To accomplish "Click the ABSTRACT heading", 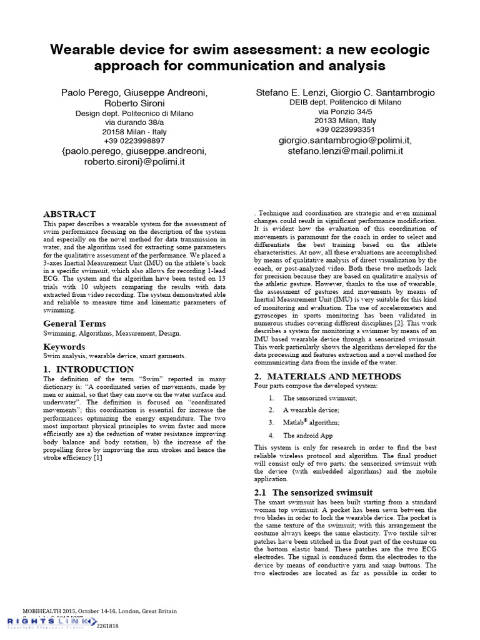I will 69,214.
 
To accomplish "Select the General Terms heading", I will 74,323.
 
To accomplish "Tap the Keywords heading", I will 64,346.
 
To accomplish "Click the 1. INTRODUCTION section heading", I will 88,369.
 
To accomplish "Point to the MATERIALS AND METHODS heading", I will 327,376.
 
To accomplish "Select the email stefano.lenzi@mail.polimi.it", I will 345,151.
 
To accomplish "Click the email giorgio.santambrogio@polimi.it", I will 345,141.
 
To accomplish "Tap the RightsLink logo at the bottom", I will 51,621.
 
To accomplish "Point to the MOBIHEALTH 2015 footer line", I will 100,611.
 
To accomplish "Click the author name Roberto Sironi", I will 134,103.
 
